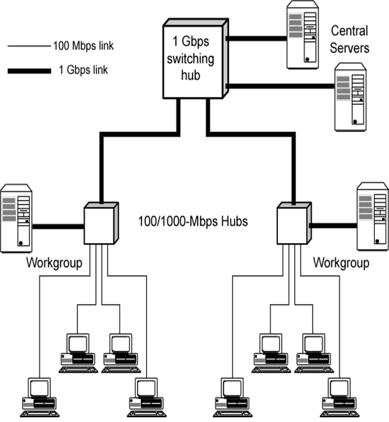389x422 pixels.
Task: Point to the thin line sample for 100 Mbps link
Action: pos(28,45)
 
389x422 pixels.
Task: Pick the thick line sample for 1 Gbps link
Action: pos(28,71)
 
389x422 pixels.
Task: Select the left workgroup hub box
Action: pos(99,223)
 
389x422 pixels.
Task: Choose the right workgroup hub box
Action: pos(293,223)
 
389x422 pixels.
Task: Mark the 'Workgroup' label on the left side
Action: pos(54,263)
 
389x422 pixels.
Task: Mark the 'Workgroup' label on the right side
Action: pos(341,263)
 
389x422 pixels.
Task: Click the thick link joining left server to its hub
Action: pos(58,226)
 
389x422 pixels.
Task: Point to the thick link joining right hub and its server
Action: pos(332,226)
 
